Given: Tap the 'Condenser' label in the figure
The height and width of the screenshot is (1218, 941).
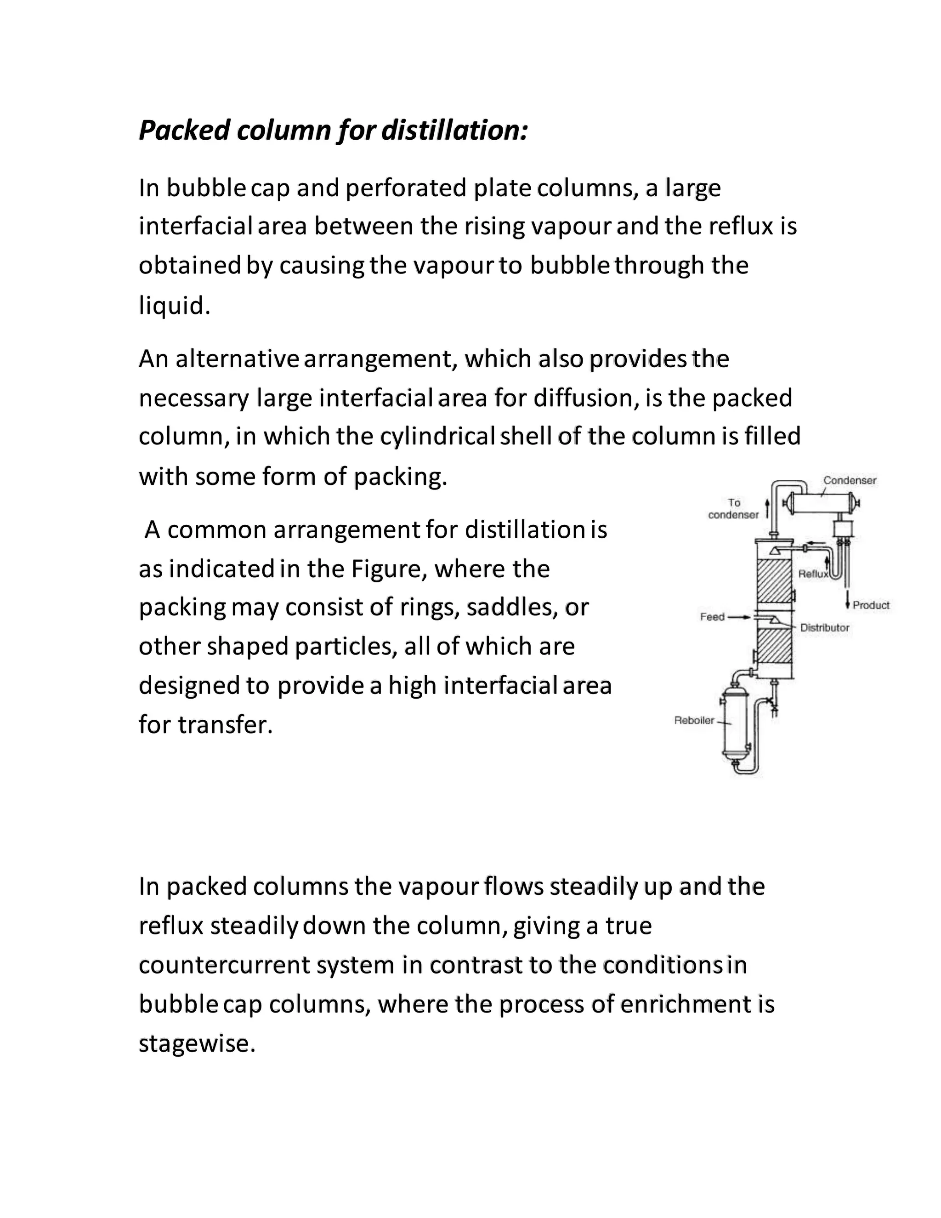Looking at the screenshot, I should tap(850, 480).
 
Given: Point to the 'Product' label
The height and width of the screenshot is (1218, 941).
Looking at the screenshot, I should tap(871, 605).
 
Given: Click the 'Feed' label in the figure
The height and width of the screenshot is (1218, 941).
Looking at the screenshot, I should tap(712, 617).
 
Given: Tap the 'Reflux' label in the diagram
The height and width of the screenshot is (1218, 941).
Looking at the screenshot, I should tap(813, 574).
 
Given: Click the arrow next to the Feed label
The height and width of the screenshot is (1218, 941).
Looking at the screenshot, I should tap(739, 617).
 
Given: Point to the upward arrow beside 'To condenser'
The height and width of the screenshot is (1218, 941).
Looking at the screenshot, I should tap(768, 509).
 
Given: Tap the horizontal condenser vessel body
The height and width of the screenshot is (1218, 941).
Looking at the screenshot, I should tap(820, 504).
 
